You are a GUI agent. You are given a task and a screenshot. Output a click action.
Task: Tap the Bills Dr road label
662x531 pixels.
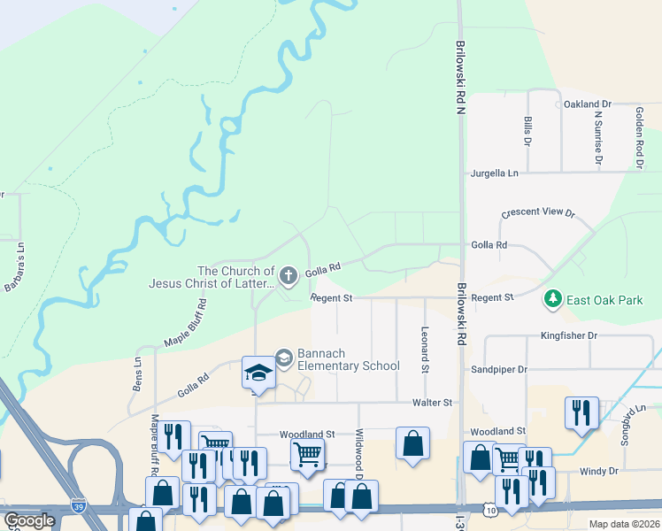point(527,130)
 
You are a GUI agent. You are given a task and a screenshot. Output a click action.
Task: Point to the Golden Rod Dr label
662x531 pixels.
point(638,137)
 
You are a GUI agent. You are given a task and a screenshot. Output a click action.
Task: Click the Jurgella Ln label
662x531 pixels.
point(495,173)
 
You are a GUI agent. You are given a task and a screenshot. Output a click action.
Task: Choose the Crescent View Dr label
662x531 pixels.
point(538,213)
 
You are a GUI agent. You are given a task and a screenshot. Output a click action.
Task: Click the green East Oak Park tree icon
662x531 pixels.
point(553,300)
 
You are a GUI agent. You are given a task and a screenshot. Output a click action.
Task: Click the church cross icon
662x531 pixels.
point(288,277)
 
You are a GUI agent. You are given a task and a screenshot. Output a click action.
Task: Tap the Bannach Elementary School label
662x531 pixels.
point(349,359)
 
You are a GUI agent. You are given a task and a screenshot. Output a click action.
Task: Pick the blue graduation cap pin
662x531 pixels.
point(258,373)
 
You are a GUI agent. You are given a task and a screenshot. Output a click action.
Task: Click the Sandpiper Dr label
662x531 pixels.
point(499,369)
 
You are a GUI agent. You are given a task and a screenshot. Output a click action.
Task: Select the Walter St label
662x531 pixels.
point(433,403)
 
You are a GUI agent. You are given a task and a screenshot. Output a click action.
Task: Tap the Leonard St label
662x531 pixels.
point(425,347)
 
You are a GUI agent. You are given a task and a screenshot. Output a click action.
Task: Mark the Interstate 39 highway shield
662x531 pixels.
point(79,504)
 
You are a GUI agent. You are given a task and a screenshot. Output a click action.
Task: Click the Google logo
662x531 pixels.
point(29,520)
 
